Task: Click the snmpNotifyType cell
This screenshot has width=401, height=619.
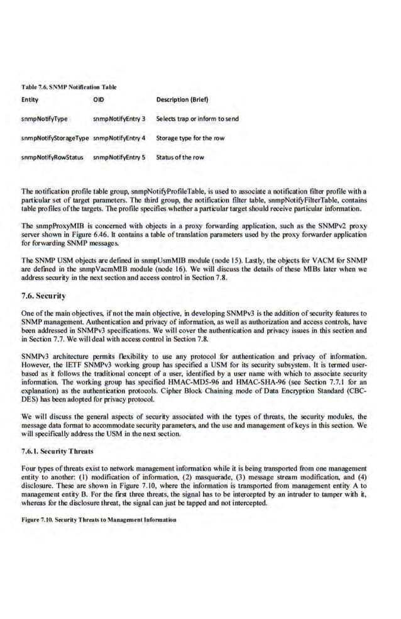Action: click(x=45, y=119)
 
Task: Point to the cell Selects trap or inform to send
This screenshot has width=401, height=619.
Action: click(x=197, y=119)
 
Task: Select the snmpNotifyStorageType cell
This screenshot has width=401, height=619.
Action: click(x=55, y=138)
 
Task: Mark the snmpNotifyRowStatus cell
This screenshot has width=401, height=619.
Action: click(x=52, y=157)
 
